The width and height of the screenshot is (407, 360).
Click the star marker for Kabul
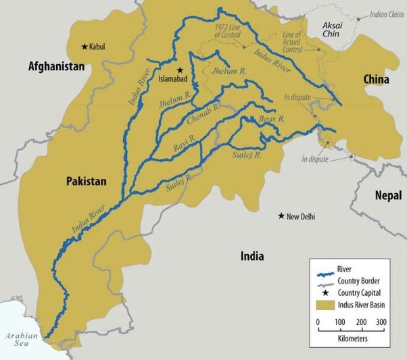(x=85, y=47)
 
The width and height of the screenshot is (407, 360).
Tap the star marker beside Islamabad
(x=181, y=70)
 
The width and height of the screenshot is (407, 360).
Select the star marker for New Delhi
(x=280, y=216)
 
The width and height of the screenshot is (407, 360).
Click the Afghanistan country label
(x=56, y=66)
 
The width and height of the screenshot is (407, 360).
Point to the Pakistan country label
(x=87, y=182)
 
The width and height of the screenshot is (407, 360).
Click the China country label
(x=377, y=80)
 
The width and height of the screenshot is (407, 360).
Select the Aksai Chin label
(x=328, y=29)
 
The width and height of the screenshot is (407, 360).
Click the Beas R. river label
(x=272, y=119)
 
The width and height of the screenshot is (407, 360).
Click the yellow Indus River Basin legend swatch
(x=325, y=305)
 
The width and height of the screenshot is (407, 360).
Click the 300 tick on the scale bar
(x=381, y=322)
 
